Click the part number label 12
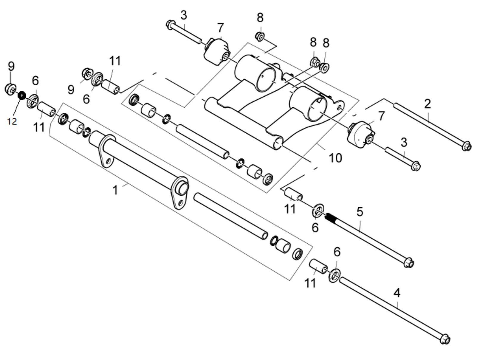12,121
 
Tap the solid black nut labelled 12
22,95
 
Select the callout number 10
335,158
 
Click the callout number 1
115,190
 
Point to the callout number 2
427,104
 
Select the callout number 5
360,211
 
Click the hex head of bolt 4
445,339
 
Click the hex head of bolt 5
409,263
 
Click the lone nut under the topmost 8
259,36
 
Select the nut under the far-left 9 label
11,89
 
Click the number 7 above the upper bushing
220,28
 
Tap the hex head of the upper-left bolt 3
170,24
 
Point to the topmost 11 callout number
115,61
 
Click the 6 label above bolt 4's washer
337,252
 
